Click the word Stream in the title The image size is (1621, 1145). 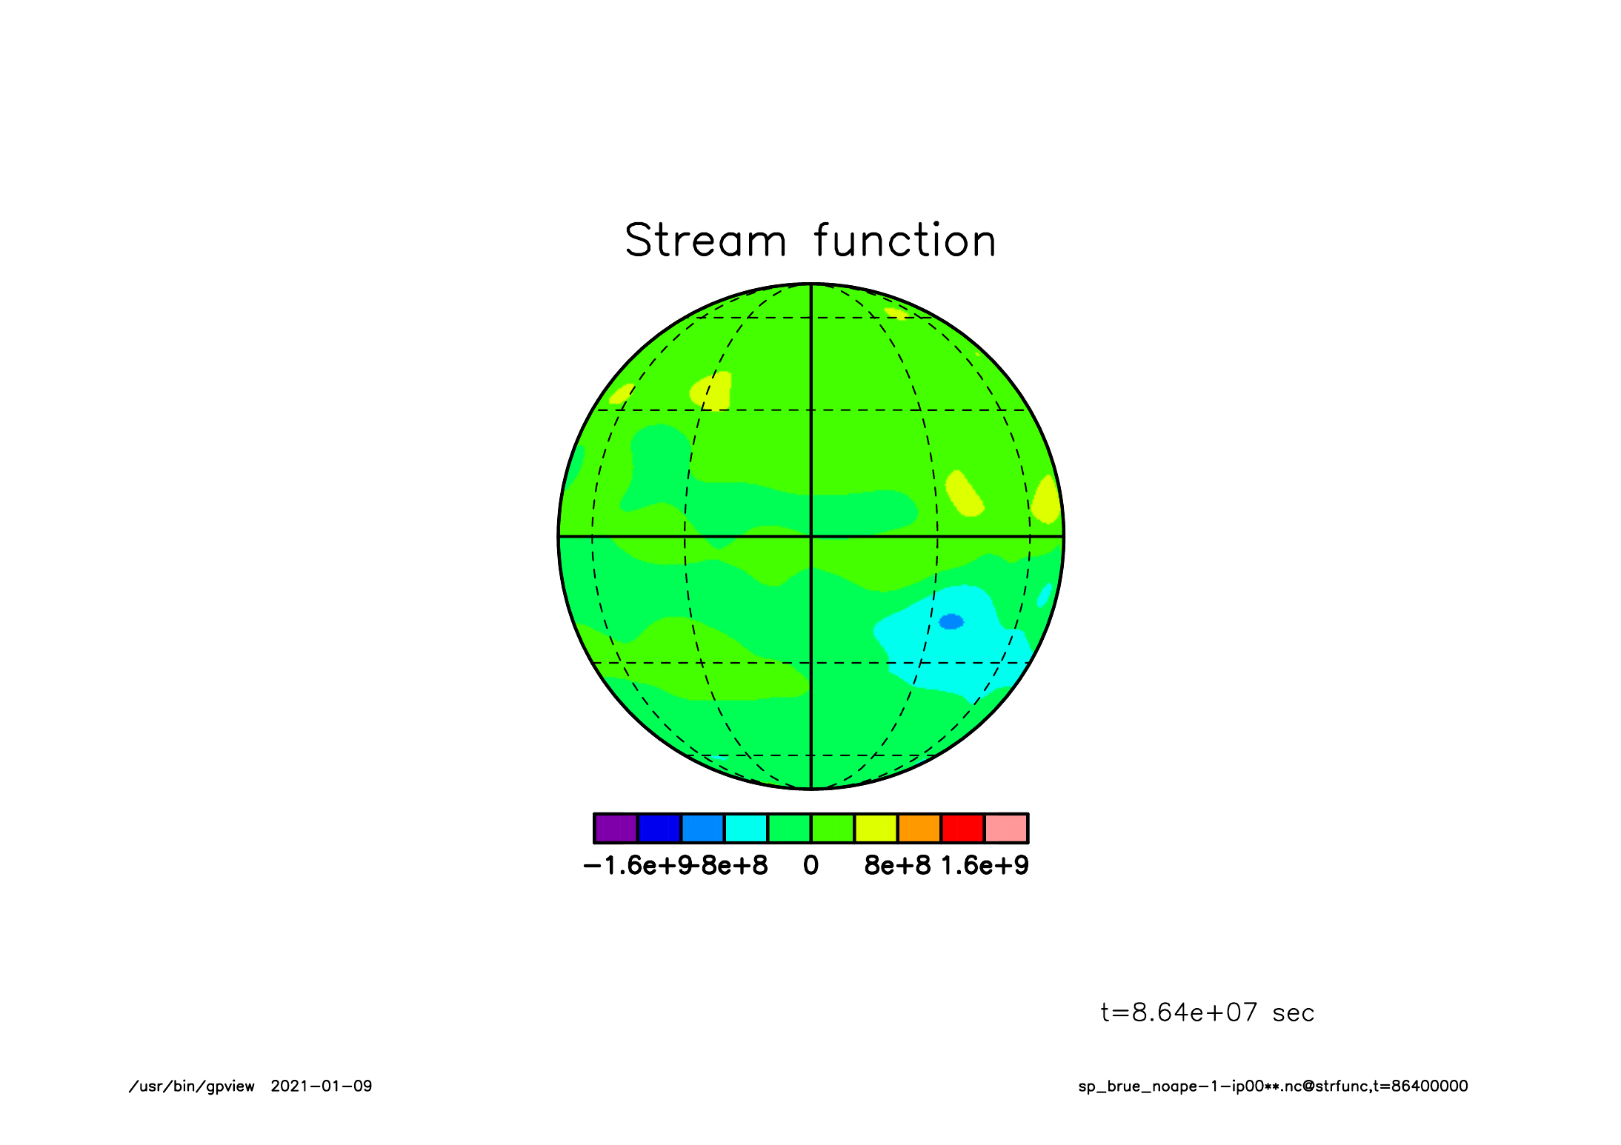pos(705,241)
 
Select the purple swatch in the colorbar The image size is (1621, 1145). pos(616,828)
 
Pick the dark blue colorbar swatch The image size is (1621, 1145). pos(659,828)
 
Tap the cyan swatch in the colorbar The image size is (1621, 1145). pos(746,828)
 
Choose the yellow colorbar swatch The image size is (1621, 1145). pos(876,828)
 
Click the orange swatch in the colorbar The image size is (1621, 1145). pos(919,828)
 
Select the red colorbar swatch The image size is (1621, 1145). pos(963,828)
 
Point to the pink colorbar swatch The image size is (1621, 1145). pos(1006,828)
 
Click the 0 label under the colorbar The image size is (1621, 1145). pos(811,865)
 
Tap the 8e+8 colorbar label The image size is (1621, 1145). pos(897,865)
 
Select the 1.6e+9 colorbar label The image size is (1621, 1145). pos(985,865)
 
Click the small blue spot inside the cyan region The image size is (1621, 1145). pos(951,621)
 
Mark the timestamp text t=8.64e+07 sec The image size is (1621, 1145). pos(1208,1012)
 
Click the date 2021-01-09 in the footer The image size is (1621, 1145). pos(322,1086)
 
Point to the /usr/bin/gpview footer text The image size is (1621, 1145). pos(192,1086)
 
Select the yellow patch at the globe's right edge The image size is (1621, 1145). pos(1048,500)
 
